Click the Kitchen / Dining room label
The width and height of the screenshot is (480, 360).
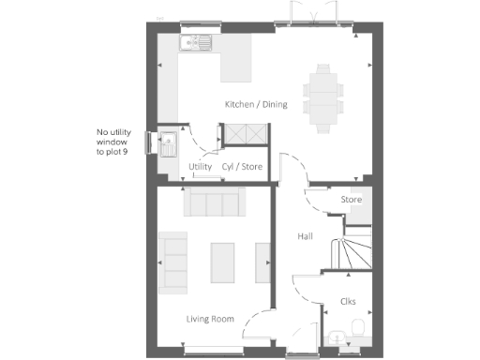point(255,104)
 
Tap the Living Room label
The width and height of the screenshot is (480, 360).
point(209,320)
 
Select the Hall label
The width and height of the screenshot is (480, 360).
point(306,236)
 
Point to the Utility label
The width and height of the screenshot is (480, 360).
point(201,167)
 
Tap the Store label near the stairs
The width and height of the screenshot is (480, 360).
point(352,200)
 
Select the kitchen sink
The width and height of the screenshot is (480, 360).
point(199,42)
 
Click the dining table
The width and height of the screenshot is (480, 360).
point(323,96)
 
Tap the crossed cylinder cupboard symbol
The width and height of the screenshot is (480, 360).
point(243,135)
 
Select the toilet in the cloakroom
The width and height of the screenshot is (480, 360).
point(356,328)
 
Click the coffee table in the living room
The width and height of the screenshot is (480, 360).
point(223,262)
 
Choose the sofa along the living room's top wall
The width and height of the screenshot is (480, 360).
point(214,200)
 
